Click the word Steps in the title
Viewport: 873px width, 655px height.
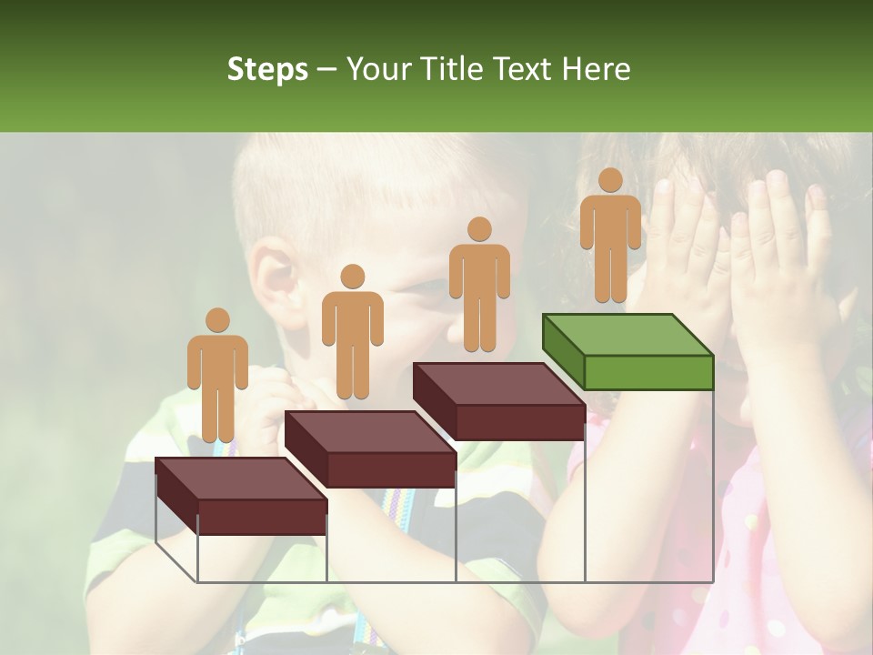point(267,70)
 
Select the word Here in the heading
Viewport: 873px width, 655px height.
point(596,69)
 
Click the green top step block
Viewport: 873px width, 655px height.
point(628,351)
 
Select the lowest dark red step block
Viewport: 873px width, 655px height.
point(241,496)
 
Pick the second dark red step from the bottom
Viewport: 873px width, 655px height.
point(370,448)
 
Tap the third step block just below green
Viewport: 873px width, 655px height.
point(499,401)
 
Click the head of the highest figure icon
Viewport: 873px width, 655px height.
point(610,180)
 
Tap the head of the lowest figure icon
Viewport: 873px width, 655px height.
point(217,320)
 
